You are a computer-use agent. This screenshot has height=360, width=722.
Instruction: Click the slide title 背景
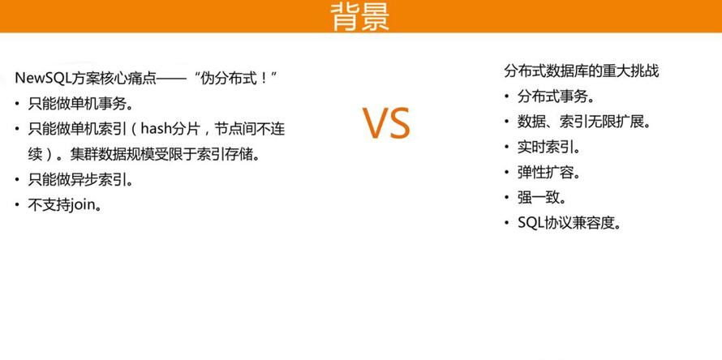point(360,15)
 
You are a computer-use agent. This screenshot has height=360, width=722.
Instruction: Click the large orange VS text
point(386,123)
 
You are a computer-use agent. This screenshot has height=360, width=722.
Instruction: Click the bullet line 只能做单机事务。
point(80,104)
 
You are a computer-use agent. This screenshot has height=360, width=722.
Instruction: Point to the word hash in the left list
point(156,128)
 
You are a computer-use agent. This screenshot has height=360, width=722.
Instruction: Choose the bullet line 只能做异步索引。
point(80,179)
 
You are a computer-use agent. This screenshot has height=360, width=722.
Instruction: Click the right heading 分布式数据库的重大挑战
point(581,71)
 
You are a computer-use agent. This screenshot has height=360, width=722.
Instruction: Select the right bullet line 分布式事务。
point(556,96)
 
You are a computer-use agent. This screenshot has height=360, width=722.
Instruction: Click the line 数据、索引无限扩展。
point(584,122)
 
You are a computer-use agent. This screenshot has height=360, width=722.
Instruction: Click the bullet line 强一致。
point(542,198)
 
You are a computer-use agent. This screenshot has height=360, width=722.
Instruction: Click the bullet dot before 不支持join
point(17,205)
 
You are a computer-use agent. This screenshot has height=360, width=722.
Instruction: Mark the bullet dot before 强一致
point(506,199)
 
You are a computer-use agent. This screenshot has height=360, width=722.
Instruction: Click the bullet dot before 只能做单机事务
point(17,104)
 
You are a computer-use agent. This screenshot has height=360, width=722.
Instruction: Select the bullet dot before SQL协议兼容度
point(506,224)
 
